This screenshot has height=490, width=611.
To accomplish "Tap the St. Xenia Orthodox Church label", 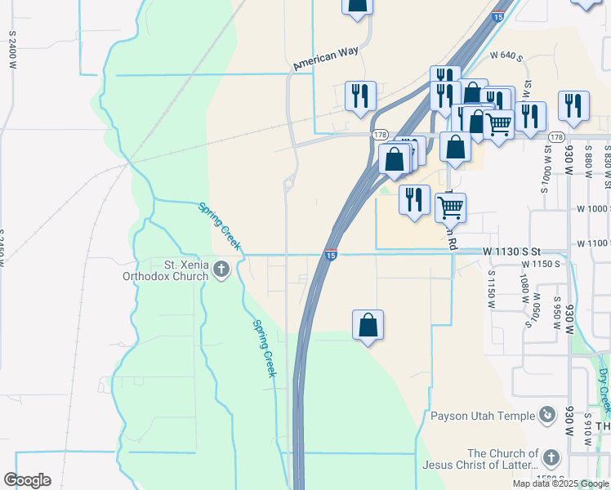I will coord(176,269).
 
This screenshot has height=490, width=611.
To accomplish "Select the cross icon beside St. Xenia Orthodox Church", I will coord(221,269).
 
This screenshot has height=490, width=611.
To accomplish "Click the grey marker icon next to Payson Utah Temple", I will coord(546,416).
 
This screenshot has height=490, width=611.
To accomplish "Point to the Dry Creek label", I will coord(603,388).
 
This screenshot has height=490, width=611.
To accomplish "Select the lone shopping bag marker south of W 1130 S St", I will coord(368,324).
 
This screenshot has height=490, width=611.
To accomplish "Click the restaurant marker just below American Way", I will coord(360,96).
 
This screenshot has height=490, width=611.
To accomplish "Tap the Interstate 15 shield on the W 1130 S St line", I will coord(331,256).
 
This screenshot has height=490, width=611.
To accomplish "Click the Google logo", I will coord(27,480).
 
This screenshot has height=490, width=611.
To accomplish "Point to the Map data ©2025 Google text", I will coord(560,483).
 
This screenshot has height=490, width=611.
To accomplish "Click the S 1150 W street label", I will coord(492,288).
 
